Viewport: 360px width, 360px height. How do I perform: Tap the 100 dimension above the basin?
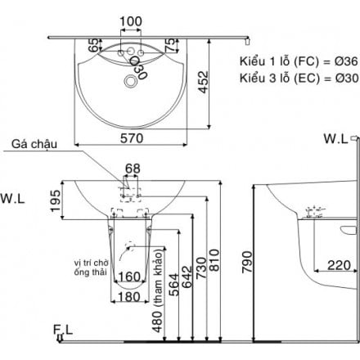tap(131, 20)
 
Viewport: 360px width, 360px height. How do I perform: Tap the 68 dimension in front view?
tap(132, 169)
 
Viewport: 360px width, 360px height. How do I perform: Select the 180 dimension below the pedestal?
tap(132, 296)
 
